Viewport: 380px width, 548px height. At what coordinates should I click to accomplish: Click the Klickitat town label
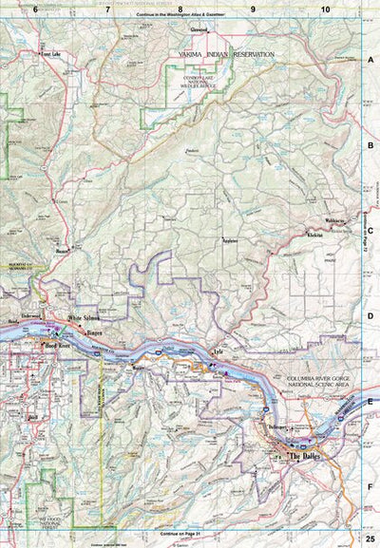click(x=316, y=234)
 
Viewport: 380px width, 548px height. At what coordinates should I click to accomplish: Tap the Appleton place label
click(x=229, y=240)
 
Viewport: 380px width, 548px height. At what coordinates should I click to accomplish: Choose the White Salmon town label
click(x=85, y=320)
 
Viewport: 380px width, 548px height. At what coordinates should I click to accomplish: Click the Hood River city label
click(x=60, y=347)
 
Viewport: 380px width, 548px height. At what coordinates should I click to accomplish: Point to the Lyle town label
click(x=218, y=351)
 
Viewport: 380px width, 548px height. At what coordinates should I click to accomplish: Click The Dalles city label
click(x=306, y=457)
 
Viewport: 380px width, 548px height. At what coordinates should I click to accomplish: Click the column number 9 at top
click(x=254, y=9)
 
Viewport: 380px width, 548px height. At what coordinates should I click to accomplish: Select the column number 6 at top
click(x=35, y=9)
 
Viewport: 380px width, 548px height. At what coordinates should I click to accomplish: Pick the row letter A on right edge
click(x=370, y=58)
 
